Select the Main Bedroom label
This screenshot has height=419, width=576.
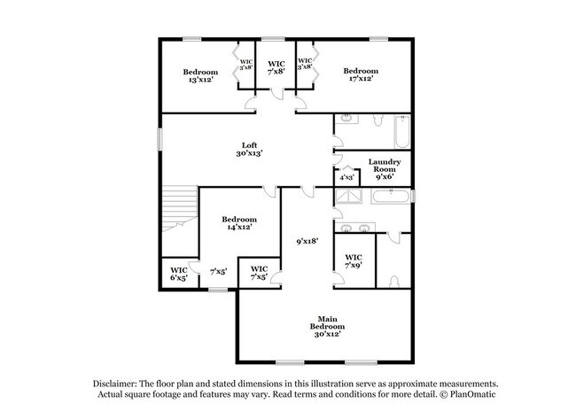(326, 322)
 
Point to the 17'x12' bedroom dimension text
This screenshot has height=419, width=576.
(361, 79)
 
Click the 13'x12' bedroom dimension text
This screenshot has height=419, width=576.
(200, 80)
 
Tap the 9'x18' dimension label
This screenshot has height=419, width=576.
(307, 240)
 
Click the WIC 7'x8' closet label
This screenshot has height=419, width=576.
(276, 67)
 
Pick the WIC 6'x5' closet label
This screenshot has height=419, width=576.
(178, 274)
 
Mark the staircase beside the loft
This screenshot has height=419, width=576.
(179, 213)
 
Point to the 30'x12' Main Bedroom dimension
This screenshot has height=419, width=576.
(326, 334)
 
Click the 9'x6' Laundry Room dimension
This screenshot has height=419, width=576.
(386, 176)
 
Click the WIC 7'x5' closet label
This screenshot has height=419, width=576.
(260, 273)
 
